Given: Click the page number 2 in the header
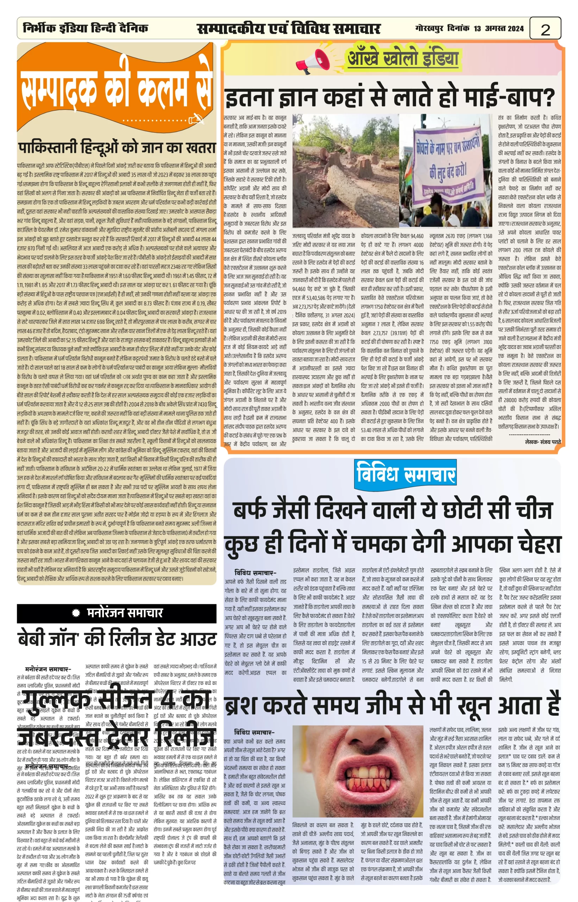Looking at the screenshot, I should point(545,29).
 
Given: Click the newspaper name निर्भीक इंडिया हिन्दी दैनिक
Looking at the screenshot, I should point(85,28).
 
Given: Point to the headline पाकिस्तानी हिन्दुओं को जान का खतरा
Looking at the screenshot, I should point(117,148).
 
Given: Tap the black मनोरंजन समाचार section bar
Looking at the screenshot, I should point(117,613).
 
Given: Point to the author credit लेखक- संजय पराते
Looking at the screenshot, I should point(542,442).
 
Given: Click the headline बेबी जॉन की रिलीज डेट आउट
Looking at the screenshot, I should point(117,640).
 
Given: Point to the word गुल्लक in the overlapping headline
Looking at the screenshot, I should point(55,700).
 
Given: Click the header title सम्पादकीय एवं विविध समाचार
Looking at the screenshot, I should point(289,29).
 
